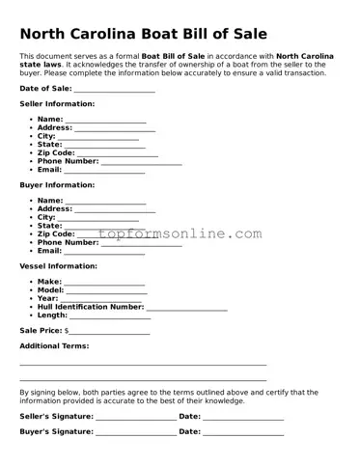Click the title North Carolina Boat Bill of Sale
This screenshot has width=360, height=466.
143,34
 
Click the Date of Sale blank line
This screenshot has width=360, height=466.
114,90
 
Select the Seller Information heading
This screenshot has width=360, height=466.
57,103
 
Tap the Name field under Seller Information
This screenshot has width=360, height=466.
105,121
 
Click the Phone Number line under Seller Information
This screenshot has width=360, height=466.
141,162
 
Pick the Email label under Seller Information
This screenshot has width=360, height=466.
48,170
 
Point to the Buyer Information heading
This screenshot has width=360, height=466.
57,184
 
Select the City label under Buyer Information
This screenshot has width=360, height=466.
46,218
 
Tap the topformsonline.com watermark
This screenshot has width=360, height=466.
180,234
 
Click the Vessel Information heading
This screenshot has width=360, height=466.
58,265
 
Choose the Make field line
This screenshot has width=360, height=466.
104,283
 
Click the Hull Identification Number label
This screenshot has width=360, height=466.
90,307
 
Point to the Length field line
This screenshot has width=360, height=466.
110,316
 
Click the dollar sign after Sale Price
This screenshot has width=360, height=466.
66,331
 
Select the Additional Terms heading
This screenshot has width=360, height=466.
54,345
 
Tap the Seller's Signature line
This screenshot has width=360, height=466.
136,418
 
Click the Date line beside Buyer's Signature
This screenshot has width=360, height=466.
243,433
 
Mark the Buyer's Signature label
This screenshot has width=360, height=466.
56,432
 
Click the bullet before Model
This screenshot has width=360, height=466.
32,290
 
